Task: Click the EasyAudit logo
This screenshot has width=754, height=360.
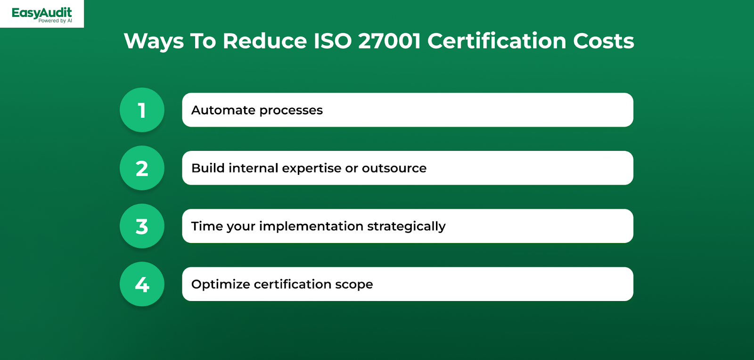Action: point(42,15)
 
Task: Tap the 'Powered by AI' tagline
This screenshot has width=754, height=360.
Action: point(55,21)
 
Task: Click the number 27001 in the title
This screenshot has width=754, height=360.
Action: point(389,41)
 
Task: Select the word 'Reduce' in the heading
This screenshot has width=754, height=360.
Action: point(264,41)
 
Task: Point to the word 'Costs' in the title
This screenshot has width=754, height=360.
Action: point(604,41)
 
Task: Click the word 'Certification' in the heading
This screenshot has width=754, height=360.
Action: point(497,41)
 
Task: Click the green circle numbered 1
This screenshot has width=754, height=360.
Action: point(142,110)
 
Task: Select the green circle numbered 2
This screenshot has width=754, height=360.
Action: point(142,168)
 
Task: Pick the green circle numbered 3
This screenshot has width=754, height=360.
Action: point(142,226)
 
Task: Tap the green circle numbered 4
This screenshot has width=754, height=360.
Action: point(142,284)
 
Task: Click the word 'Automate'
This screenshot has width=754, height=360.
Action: point(223,110)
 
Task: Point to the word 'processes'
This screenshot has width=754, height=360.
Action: point(291,111)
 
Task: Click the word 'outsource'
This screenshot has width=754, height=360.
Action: point(394,168)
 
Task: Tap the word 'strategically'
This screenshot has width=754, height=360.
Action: point(406,227)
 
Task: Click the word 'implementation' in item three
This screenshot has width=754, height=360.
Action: point(311,227)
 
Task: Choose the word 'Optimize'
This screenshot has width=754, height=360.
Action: point(221,285)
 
